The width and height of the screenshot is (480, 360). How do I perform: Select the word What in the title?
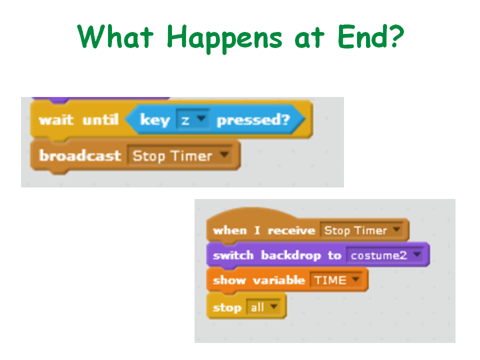point(115,36)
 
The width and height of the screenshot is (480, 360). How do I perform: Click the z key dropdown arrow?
point(201,118)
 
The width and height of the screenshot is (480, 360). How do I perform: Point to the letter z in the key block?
point(185,120)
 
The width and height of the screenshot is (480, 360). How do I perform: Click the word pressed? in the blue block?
point(253,119)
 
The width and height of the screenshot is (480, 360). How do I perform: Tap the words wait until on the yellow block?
point(78,119)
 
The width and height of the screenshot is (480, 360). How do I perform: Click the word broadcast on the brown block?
point(80,155)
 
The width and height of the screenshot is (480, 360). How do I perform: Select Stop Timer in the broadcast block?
point(172,156)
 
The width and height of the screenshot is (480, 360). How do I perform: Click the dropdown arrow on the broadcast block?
point(224,154)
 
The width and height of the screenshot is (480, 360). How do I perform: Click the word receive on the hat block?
point(291,230)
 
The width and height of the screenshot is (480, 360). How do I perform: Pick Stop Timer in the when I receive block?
point(355,230)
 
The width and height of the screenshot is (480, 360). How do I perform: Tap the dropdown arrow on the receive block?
point(396,229)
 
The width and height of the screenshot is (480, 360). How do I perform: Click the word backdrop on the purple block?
point(291,255)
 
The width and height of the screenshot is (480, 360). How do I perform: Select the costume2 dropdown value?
point(379,255)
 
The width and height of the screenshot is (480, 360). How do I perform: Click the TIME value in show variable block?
point(330,280)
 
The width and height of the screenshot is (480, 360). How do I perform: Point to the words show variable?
point(259,280)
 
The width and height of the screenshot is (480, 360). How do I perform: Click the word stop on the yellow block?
point(227,307)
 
